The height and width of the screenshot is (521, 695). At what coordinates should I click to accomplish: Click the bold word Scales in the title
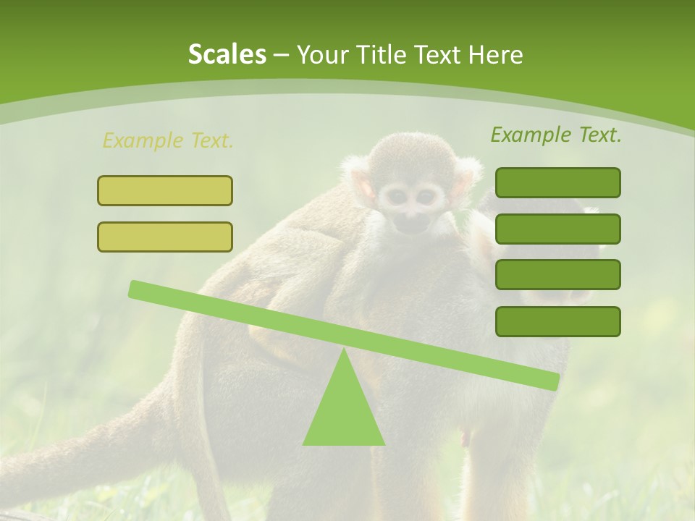227,54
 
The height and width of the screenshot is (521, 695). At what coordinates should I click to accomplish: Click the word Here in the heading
495,54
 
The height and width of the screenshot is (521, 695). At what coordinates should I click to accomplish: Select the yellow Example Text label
168,140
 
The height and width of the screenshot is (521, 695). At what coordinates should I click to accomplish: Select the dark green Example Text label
556,135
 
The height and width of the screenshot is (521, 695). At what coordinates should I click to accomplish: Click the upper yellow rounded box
165,190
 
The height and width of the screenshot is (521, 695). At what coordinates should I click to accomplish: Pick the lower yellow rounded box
165,237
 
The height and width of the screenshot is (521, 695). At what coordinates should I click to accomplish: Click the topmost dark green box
557,182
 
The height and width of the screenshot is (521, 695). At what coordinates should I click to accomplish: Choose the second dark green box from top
557,229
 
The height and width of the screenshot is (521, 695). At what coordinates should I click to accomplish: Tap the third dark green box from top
557,274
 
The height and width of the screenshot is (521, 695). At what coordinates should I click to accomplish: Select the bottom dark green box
557,321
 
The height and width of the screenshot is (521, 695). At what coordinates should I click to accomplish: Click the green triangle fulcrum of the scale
343,412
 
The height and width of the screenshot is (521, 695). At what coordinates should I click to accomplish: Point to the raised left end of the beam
136,289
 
